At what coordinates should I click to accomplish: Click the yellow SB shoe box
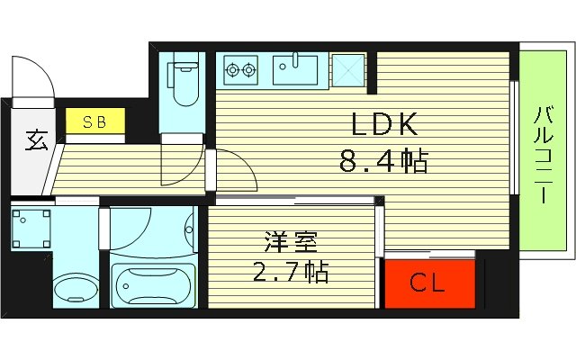click(93, 121)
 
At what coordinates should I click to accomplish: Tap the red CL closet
click(427, 284)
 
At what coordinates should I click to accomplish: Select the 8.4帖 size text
click(382, 162)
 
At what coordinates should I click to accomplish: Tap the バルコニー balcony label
click(544, 154)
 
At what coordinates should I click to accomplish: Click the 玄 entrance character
click(34, 140)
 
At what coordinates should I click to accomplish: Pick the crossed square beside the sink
click(346, 68)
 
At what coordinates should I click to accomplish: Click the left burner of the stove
click(233, 68)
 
